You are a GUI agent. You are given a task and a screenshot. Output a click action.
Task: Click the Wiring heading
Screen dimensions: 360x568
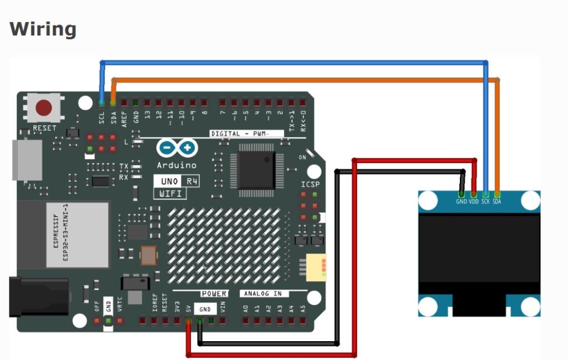click(43, 29)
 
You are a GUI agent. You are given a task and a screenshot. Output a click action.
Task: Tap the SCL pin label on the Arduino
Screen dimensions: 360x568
click(102, 118)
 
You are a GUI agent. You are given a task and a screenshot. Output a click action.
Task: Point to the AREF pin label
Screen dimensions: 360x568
click(124, 119)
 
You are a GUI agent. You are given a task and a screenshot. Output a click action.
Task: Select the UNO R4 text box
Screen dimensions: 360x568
click(176, 181)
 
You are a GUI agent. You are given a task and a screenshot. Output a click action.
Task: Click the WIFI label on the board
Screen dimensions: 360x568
click(170, 194)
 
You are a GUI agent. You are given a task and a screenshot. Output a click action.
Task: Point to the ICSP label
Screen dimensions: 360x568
click(310, 185)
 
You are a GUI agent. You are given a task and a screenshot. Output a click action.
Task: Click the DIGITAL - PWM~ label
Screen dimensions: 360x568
click(247, 134)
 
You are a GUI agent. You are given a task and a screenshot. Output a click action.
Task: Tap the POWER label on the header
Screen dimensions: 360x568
click(214, 293)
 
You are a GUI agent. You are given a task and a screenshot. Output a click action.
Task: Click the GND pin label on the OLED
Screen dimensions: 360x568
click(461, 202)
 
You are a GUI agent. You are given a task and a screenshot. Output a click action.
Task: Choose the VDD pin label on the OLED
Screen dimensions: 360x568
click(474, 202)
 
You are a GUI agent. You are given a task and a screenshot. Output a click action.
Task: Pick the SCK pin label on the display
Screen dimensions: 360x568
click(485, 202)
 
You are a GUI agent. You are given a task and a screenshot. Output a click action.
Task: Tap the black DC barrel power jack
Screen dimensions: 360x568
click(39, 297)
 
